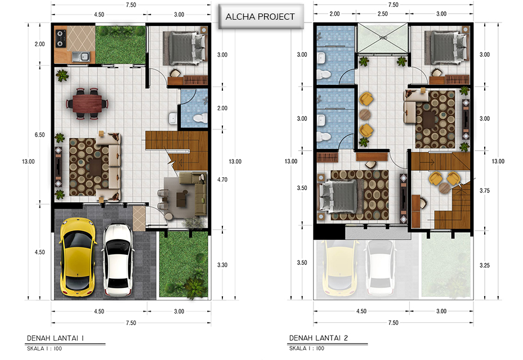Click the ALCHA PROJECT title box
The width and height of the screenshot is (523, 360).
tap(261, 17)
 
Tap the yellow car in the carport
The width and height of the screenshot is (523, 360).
tap(78, 257)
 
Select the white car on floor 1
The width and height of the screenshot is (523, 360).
tap(118, 260)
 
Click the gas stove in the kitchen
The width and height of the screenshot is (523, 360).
tap(61, 38)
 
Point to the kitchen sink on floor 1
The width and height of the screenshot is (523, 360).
tap(81, 57)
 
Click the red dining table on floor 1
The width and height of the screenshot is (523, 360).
tap(87, 103)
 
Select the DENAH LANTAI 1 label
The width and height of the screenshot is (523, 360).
tap(55, 338)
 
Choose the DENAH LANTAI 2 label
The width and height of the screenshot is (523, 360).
tap(319, 338)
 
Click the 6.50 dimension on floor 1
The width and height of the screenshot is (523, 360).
tap(40, 134)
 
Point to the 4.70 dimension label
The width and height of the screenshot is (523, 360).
tap(222, 179)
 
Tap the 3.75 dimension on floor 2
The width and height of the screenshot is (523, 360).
tap(485, 191)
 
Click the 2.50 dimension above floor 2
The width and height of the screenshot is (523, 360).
tap(383, 13)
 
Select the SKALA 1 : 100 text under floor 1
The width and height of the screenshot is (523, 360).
tap(44, 349)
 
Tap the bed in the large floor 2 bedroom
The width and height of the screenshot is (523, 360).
tap(339, 196)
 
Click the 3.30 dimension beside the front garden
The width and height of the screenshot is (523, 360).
tap(222, 265)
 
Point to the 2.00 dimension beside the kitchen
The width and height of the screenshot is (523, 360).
tap(40, 44)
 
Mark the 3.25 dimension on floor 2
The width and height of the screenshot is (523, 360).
tap(485, 265)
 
